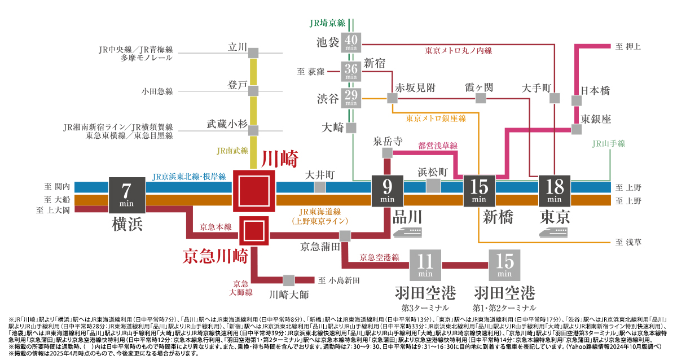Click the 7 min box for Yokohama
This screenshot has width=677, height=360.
tap(126, 195)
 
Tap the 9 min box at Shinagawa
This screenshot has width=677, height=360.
tap(387, 191)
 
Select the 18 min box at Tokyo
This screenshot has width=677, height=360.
tap(554, 191)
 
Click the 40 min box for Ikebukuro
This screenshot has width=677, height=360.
tap(351, 43)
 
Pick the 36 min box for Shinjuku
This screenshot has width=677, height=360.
tap(351, 72)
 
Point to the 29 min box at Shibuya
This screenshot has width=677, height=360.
tap(351, 98)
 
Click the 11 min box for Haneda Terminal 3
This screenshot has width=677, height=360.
tap(425, 265)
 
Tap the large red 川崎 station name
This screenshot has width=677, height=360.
tap(280, 159)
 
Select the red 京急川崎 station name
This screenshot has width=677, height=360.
tap(216, 256)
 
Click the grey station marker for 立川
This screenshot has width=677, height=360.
tap(253, 53)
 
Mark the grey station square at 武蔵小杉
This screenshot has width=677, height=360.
tap(253, 130)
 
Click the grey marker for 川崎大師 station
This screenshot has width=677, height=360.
tap(289, 280)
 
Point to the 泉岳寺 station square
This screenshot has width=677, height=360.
tap(387, 153)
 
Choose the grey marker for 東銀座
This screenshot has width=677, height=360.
tap(577, 129)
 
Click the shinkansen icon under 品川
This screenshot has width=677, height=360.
tap(407, 233)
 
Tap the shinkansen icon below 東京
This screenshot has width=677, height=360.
tap(553, 233)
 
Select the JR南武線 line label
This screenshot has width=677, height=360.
tap(232, 151)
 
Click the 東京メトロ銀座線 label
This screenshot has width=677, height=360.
tap(436, 118)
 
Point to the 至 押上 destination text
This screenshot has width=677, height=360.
tap(628, 46)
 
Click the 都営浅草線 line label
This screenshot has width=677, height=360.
tap(438, 146)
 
